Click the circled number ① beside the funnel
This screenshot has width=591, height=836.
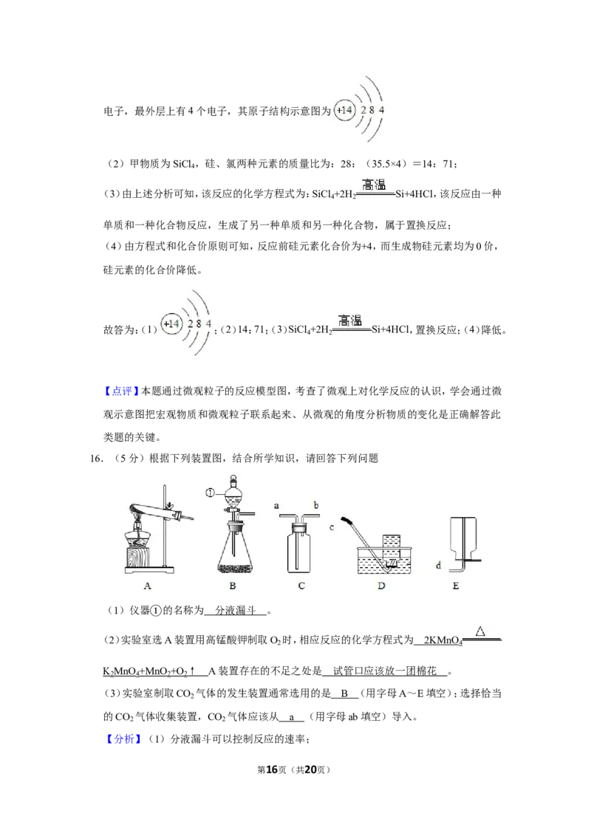pyautogui.click(x=210, y=493)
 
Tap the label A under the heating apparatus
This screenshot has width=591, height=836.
pyautogui.click(x=148, y=586)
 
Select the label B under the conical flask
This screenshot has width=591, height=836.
pyautogui.click(x=233, y=586)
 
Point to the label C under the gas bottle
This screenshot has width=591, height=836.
pyautogui.click(x=301, y=586)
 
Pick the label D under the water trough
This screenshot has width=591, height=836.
pyautogui.click(x=381, y=586)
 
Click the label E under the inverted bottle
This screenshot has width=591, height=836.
pyautogui.click(x=456, y=586)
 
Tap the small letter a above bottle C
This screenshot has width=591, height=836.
pyautogui.click(x=276, y=505)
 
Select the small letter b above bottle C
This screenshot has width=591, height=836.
pyautogui.click(x=315, y=504)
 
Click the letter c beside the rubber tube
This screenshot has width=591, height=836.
pyautogui.click(x=332, y=527)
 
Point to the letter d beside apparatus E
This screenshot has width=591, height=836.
pyautogui.click(x=439, y=565)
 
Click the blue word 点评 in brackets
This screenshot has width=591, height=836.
pyautogui.click(x=122, y=391)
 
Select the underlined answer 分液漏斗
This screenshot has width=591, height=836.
pyautogui.click(x=236, y=611)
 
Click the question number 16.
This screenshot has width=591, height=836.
pyautogui.click(x=96, y=459)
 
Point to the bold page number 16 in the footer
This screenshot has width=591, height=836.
pyautogui.click(x=272, y=770)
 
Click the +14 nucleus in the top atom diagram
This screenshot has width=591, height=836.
pyautogui.click(x=344, y=110)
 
